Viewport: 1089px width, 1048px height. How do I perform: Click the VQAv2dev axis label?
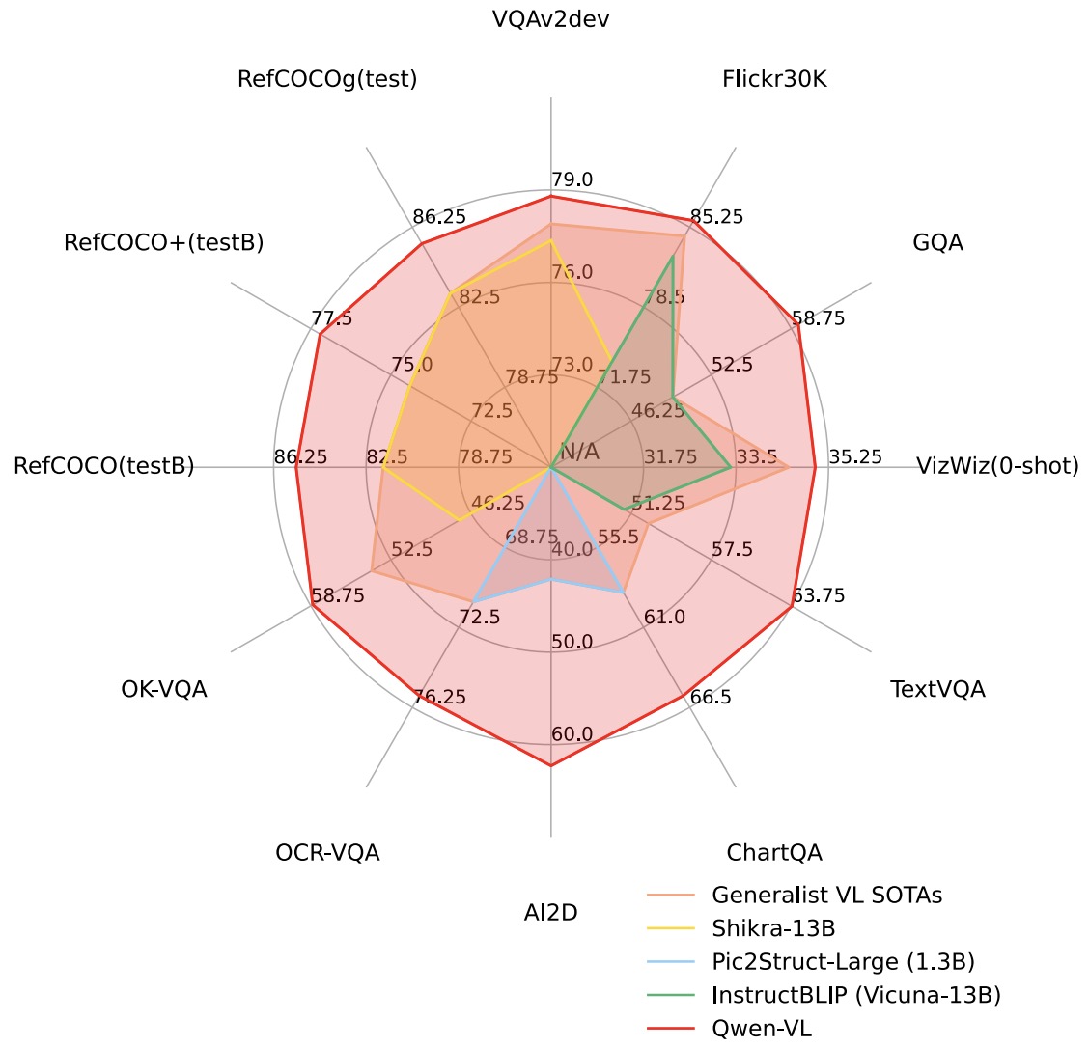[x=550, y=19]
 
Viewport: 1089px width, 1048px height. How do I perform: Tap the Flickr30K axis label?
[x=774, y=79]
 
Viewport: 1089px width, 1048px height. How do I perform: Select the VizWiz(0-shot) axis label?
[x=997, y=467]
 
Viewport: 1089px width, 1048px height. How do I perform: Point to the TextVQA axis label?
[x=937, y=689]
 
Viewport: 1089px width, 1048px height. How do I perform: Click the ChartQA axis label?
[x=774, y=853]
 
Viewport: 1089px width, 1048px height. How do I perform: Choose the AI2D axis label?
[x=550, y=912]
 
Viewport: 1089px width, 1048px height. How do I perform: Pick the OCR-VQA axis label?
[x=327, y=853]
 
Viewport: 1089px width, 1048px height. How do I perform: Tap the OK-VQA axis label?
[x=164, y=689]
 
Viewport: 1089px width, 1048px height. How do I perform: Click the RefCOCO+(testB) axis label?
[x=164, y=242]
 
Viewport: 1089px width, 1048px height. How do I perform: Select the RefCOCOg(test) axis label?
[x=327, y=79]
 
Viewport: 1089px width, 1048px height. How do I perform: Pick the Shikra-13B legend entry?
[x=772, y=928]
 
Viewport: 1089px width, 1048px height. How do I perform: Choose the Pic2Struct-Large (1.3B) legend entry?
[x=843, y=961]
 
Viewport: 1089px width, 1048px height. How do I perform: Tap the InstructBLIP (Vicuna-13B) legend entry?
[x=855, y=995]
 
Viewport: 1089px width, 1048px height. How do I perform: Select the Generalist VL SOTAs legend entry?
[x=826, y=895]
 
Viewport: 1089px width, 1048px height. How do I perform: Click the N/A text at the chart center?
[x=579, y=452]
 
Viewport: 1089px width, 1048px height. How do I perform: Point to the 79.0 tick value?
[x=572, y=179]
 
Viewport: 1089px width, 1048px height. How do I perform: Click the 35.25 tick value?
[x=855, y=456]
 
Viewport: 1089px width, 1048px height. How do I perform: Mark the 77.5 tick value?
[x=333, y=318]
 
